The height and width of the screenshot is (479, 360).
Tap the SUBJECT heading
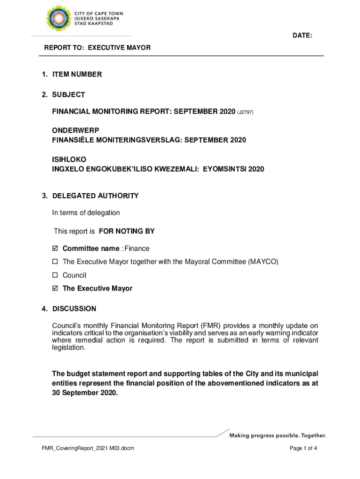click(68, 95)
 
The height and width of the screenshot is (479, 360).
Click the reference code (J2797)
click(245, 112)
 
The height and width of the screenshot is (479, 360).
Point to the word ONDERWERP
click(75, 131)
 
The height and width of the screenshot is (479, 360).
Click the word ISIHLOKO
click(69, 160)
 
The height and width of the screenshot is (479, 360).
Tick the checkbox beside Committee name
click(55, 249)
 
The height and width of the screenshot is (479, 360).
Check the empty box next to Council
click(55, 276)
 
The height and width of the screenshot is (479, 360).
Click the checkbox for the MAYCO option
click(55, 262)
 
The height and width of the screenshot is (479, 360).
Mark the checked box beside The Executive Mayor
click(55, 289)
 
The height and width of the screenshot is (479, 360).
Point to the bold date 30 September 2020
click(85, 393)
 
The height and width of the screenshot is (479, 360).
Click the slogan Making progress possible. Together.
click(278, 436)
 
